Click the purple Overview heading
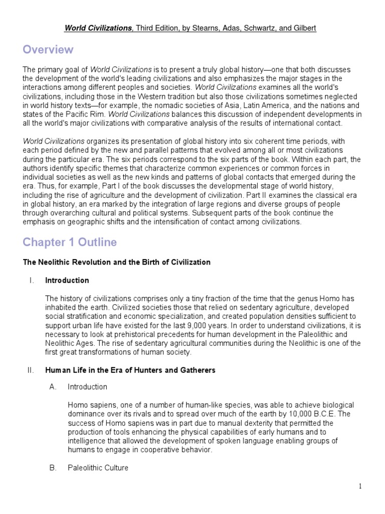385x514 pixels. (x=48, y=50)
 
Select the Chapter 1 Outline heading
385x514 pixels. (x=70, y=242)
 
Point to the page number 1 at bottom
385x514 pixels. (x=360, y=486)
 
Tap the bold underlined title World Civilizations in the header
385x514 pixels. (x=98, y=28)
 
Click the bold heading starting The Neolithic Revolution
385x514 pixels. (x=116, y=262)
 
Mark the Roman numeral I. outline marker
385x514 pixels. (x=32, y=281)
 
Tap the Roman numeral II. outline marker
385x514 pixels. (x=31, y=370)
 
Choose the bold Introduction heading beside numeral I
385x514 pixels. (x=67, y=281)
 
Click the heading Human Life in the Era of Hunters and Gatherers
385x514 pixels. (x=130, y=370)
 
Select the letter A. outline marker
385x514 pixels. (x=52, y=387)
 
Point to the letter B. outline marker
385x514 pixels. (x=52, y=468)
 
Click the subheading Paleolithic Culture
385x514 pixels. (x=98, y=468)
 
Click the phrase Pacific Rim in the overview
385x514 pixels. (x=90, y=114)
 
